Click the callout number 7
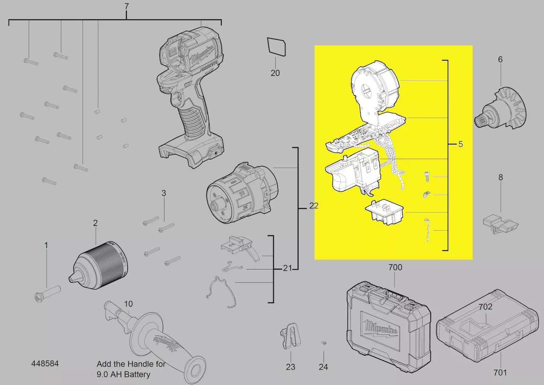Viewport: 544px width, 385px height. pyautogui.click(x=126, y=6)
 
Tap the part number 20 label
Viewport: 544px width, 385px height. pyautogui.click(x=275, y=73)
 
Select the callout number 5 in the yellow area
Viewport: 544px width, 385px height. pyautogui.click(x=461, y=144)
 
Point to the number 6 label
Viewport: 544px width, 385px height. pyautogui.click(x=500, y=59)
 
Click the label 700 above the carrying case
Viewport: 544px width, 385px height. pyautogui.click(x=395, y=267)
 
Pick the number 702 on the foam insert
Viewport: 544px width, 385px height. pyautogui.click(x=485, y=307)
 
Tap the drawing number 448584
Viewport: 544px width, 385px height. pyautogui.click(x=45, y=364)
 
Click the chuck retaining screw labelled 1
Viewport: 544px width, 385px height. pyautogui.click(x=47, y=293)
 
